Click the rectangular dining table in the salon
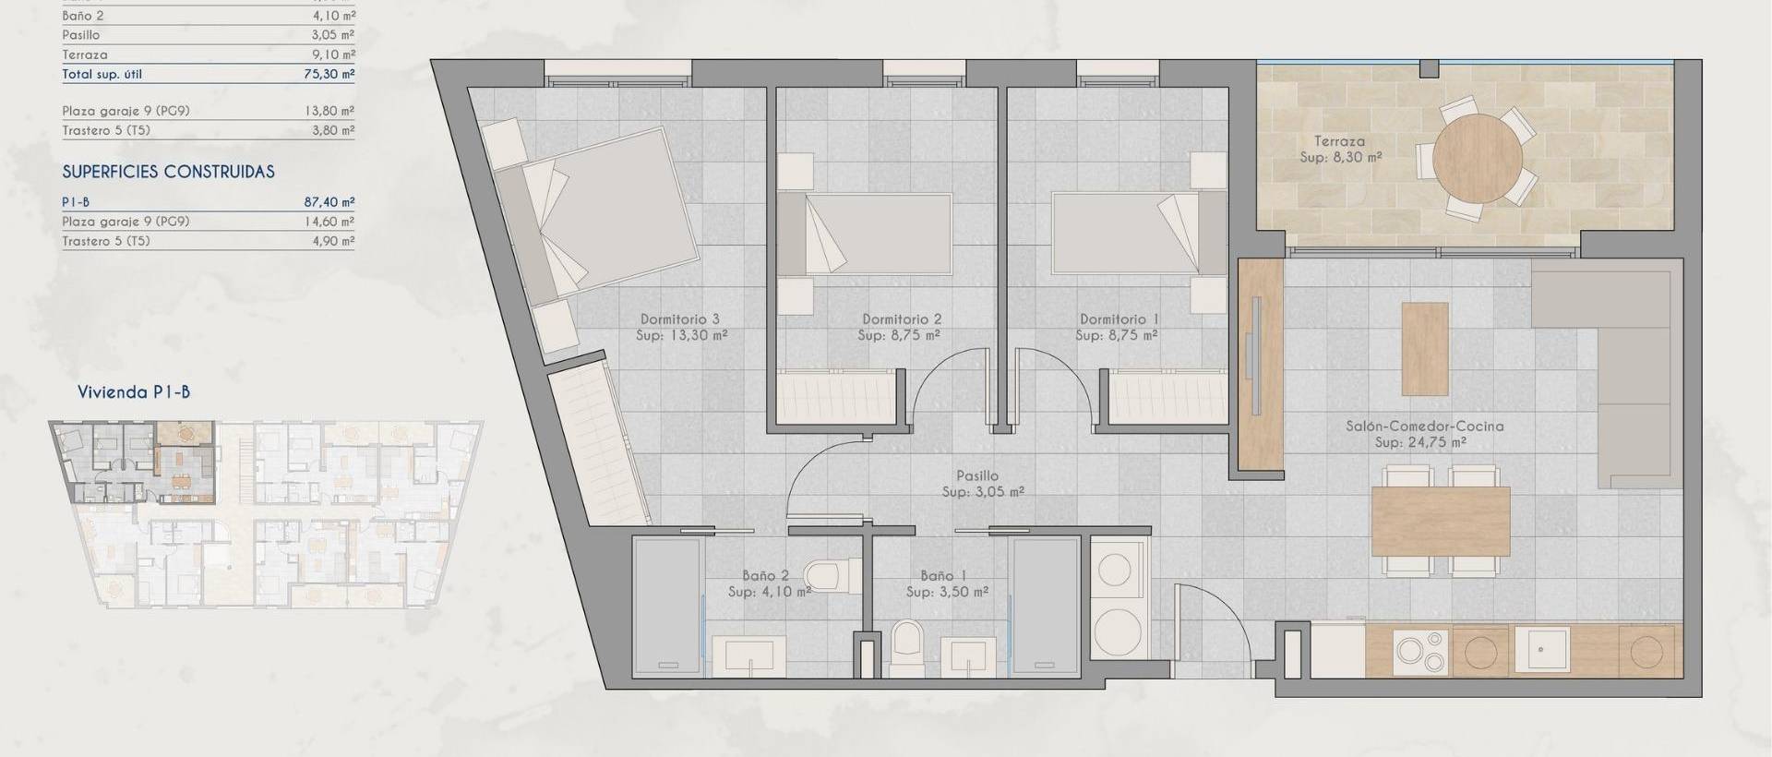click(1440, 521)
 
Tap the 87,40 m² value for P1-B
click(329, 202)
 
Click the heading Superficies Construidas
click(168, 172)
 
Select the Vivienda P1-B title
click(134, 392)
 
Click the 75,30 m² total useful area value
click(329, 74)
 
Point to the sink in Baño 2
click(754, 655)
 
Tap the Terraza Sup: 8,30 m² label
click(1340, 150)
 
